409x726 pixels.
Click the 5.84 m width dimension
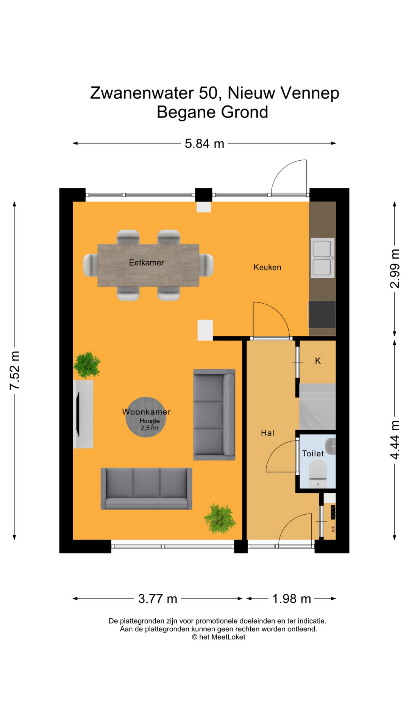[204, 144]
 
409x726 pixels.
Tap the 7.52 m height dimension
[15, 370]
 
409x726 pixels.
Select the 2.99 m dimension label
[395, 268]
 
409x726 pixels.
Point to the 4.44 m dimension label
[395, 440]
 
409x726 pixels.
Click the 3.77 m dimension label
[158, 599]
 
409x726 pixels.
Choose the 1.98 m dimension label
[292, 599]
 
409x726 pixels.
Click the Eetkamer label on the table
[147, 262]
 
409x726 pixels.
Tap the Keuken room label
[267, 267]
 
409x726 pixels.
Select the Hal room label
[267, 433]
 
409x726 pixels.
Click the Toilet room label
[313, 453]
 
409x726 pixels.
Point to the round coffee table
[146, 417]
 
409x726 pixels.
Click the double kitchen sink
[323, 258]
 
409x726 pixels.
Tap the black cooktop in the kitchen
[322, 315]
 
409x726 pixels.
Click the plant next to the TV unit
[87, 365]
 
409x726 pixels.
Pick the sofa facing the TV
[214, 414]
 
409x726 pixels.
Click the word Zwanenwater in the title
[142, 93]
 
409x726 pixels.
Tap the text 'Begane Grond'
[212, 112]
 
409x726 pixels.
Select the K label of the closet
[318, 361]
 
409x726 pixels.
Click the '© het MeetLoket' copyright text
[219, 637]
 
